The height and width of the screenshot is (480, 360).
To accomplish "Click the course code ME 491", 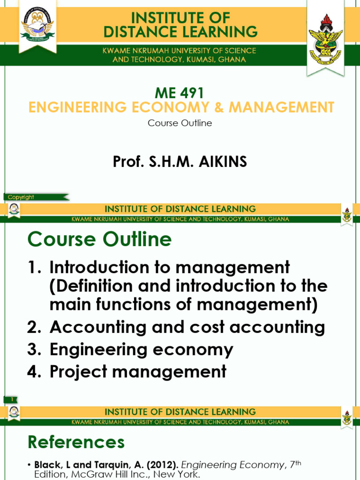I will pos(180,93).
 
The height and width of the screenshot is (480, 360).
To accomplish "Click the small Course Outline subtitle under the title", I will pos(180,123).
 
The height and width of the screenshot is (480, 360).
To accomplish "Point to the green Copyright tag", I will pos(21,197).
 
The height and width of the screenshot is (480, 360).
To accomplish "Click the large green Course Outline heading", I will pos(99,240).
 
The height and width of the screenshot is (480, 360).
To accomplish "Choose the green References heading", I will pos(76,442).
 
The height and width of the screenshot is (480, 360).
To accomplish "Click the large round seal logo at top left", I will pos(37,26).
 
